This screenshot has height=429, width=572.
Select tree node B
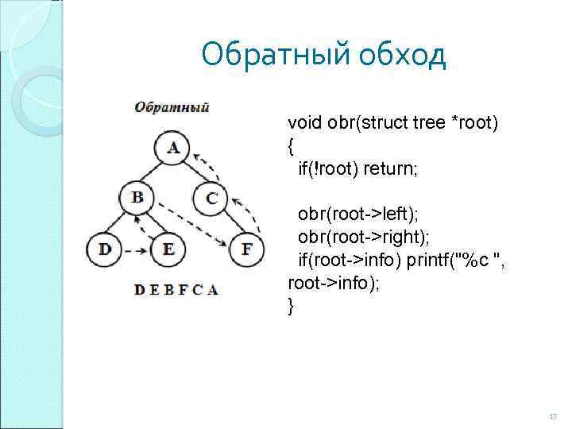coord(137,197)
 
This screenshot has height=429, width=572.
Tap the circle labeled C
coord(211,197)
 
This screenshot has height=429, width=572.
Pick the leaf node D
coord(105,249)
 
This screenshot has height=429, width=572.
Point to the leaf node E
coord(168,249)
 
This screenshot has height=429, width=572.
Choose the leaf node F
coord(246,249)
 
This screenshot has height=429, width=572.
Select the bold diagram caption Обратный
coord(171,107)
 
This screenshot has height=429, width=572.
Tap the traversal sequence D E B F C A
coord(176,289)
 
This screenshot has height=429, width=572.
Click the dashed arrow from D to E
coord(136,250)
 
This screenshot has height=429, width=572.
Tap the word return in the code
coord(394,169)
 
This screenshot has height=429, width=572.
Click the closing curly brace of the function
coord(291,306)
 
